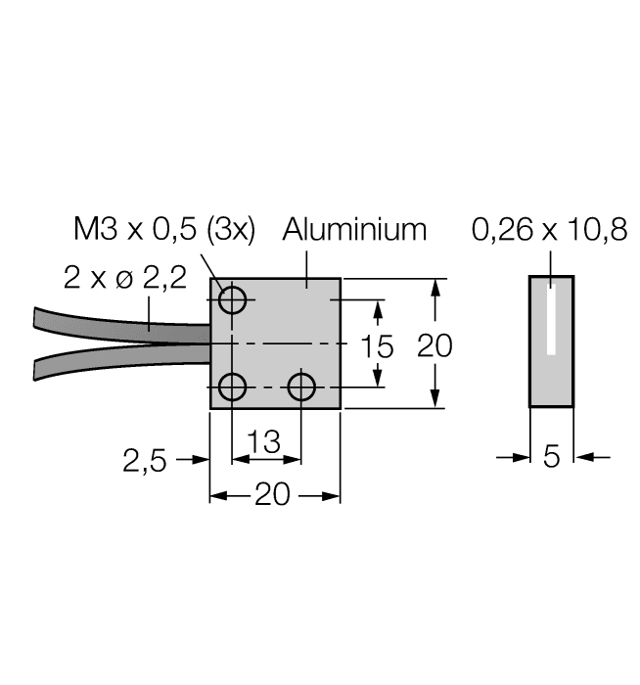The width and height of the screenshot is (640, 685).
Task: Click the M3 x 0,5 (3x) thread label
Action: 164,231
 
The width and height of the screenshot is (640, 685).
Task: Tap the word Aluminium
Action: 355,230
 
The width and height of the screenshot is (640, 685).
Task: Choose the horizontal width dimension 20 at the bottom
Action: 274,496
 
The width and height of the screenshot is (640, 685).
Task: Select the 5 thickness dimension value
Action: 551,457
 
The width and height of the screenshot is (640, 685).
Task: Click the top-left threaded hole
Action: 233,299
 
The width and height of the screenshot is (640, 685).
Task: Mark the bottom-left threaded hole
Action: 233,388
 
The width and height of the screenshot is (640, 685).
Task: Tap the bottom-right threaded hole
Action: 300,388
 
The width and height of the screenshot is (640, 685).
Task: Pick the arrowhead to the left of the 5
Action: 522,457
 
